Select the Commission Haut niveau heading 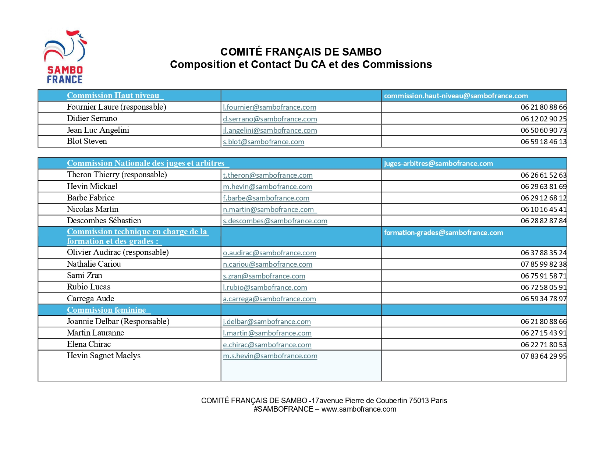pos(114,96)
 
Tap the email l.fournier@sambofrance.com pos(269,107)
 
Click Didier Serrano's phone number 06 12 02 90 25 pos(543,119)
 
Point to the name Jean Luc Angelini pos(98,130)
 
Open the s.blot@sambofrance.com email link pos(263,142)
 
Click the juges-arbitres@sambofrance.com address pos(438,164)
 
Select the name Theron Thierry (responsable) pos(117,175)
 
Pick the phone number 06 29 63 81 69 pos(543,187)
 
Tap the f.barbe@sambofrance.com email pos(266,198)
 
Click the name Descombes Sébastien pos(104,221)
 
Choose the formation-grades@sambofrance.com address pos(443,233)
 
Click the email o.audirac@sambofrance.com pos(269,253)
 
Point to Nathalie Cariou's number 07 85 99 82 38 pos(543,264)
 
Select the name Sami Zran pos(84,276)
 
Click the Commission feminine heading pos(107,310)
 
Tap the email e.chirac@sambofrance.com pos(267,345)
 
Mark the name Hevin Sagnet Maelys pos(103,356)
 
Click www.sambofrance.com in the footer pos(358,409)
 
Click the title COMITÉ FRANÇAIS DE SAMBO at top pos(301,52)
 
